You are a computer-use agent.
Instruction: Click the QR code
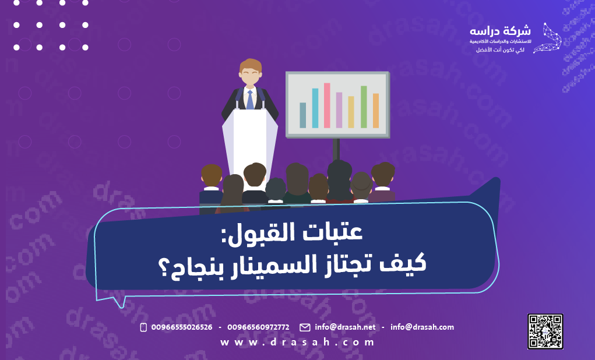tap(545, 331)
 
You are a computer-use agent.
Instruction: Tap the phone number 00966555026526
tap(181, 327)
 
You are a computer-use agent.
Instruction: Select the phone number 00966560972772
tap(258, 327)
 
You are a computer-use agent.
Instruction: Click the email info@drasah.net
tap(345, 327)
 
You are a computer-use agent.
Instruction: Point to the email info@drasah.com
tap(422, 327)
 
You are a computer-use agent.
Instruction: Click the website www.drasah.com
tap(297, 343)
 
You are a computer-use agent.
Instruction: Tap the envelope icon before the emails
tap(305, 327)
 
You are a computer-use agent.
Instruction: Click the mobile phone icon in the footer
tap(143, 327)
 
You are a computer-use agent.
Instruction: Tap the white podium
tap(249, 143)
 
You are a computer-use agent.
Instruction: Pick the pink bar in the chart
tap(327, 105)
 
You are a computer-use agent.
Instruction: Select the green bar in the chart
tap(364, 107)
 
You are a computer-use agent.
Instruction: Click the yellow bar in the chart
tap(351, 112)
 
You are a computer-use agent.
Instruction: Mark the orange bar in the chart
tap(376, 111)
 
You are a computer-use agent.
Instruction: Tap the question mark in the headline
tap(164, 266)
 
